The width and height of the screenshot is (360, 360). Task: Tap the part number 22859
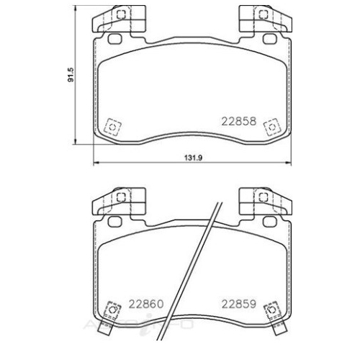pos(239,303)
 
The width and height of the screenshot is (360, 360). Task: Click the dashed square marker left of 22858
pos(112,127)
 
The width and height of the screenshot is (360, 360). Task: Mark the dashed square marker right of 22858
pos(271,127)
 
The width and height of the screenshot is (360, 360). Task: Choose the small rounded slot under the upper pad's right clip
pos(271,39)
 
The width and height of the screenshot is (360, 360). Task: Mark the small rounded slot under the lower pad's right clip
pos(271,220)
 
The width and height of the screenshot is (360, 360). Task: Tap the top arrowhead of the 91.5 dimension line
pos(77,9)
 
